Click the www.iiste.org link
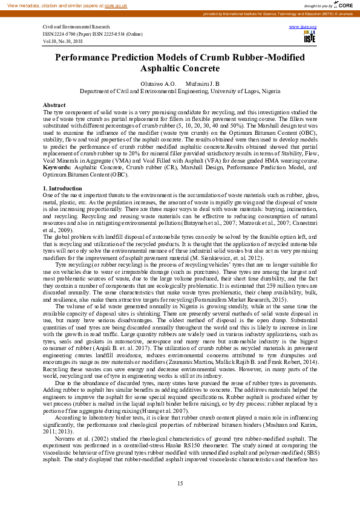pos(307,27)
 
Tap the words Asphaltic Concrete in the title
pos(180,69)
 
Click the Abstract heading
pos(54,105)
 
